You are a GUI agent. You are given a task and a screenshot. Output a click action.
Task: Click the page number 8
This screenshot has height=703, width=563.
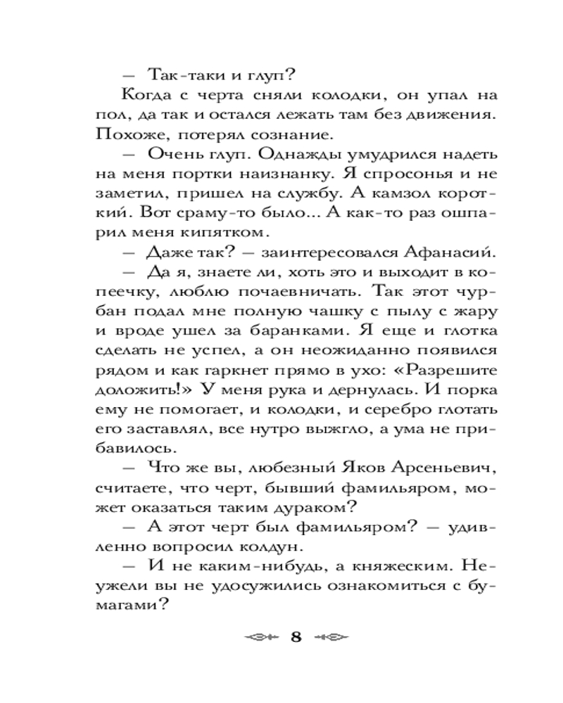click(296, 638)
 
